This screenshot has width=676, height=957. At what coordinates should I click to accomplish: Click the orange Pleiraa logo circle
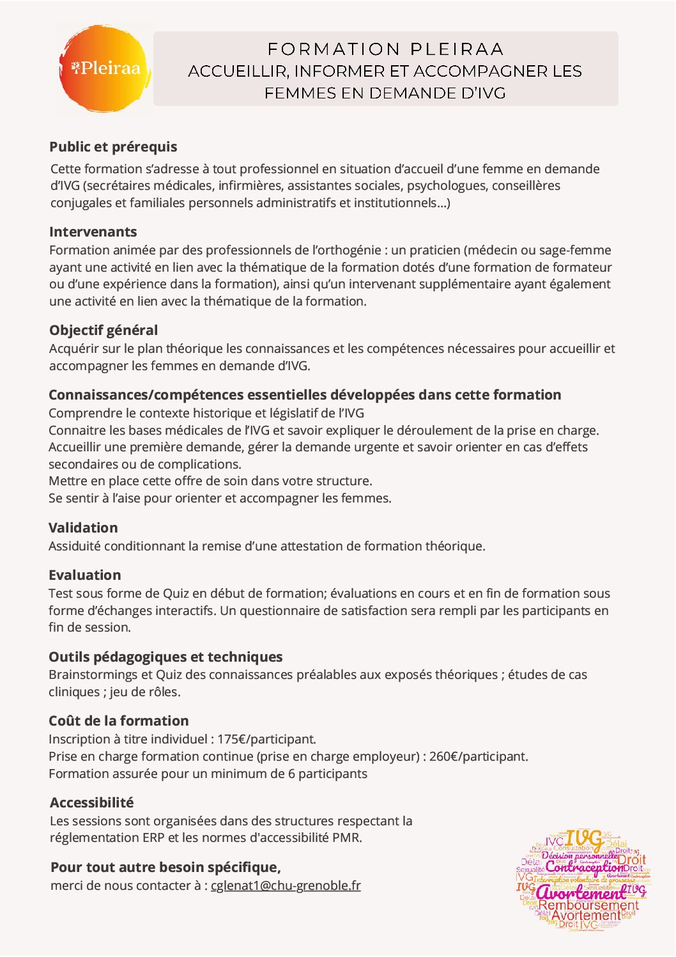click(105, 69)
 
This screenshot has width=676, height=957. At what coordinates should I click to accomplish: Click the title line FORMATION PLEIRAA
click(385, 49)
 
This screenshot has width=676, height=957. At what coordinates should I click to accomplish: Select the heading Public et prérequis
click(113, 147)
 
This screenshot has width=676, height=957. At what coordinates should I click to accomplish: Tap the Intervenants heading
click(93, 232)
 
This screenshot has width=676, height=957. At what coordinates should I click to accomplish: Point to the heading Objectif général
click(104, 331)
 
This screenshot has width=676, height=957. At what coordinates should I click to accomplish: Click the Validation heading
click(83, 528)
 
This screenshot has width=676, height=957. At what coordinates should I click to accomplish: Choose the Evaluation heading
click(84, 575)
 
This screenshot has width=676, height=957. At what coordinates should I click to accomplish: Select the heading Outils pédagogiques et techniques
click(165, 657)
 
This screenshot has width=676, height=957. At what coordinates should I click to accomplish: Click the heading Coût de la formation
click(119, 721)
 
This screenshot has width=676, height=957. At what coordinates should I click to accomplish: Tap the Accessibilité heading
click(92, 803)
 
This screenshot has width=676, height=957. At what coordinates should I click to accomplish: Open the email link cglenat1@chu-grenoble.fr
click(286, 886)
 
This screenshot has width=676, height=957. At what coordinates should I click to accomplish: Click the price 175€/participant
click(266, 740)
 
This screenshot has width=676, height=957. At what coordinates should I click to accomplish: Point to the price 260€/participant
click(479, 757)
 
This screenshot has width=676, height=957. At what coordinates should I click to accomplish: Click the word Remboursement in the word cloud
click(588, 905)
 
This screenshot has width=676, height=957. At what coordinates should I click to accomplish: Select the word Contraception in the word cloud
click(584, 868)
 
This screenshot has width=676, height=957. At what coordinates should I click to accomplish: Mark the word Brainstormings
click(93, 675)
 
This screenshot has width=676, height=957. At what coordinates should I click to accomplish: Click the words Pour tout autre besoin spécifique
click(165, 868)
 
